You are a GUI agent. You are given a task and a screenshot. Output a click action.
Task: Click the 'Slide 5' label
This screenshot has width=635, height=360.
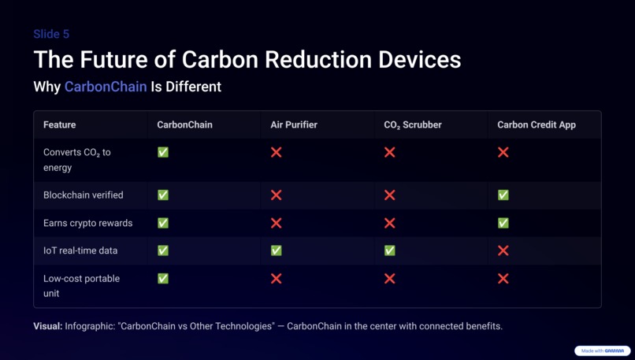tap(51, 34)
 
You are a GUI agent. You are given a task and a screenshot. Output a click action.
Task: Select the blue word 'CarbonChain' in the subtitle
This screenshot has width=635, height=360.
tap(106, 87)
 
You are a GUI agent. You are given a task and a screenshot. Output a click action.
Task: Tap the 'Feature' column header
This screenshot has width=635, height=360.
tap(60, 124)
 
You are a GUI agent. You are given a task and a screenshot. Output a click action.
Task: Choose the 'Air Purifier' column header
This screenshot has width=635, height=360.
tap(294, 124)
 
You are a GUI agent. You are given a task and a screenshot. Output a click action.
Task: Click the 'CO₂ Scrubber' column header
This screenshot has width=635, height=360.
tap(412, 124)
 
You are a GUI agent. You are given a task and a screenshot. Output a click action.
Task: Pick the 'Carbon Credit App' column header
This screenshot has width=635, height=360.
tap(537, 124)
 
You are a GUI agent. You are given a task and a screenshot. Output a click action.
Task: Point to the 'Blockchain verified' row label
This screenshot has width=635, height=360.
tap(83, 195)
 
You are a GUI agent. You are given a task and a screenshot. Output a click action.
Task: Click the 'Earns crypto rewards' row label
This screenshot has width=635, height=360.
tap(87, 223)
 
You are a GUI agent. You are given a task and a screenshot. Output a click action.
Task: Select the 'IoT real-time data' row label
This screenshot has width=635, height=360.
tap(80, 251)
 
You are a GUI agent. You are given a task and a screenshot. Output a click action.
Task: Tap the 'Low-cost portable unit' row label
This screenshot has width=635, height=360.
tap(81, 285)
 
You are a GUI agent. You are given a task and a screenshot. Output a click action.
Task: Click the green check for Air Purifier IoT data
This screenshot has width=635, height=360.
tap(277, 251)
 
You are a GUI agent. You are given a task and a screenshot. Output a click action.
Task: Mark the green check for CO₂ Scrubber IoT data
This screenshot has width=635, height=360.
tap(390, 251)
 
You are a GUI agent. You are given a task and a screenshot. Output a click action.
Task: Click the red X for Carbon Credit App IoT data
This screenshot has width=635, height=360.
tap(503, 251)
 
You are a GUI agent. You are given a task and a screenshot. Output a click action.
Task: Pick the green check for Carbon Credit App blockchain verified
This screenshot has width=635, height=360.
tap(503, 195)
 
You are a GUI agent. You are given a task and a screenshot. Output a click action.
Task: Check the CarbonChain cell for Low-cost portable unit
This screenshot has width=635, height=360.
tap(163, 278)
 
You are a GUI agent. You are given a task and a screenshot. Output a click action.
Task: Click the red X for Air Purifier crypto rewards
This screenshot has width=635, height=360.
tap(277, 223)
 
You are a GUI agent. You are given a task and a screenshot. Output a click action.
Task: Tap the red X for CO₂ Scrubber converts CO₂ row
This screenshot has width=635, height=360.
tap(390, 152)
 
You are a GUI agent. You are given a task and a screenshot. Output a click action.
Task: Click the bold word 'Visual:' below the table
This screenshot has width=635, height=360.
tap(47, 326)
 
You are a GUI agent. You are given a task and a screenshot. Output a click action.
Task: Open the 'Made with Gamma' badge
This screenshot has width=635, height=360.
tap(603, 351)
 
